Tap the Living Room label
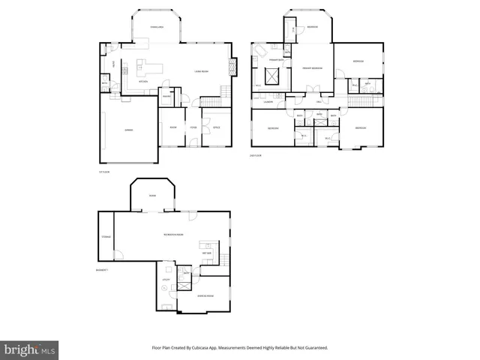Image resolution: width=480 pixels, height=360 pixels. [201, 72]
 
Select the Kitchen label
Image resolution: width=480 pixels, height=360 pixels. [142, 81]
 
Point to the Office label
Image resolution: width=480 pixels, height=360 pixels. [217, 127]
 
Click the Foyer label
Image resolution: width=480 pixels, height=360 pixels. [193, 127]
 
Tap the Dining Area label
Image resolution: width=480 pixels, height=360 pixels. [157, 27]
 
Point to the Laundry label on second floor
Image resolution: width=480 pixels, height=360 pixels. [267, 101]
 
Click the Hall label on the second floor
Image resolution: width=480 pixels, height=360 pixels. [319, 101]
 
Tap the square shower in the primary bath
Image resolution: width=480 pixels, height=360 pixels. [271, 76]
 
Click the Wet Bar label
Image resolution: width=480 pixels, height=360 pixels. [207, 253]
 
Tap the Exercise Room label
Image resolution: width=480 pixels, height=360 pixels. [205, 296]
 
